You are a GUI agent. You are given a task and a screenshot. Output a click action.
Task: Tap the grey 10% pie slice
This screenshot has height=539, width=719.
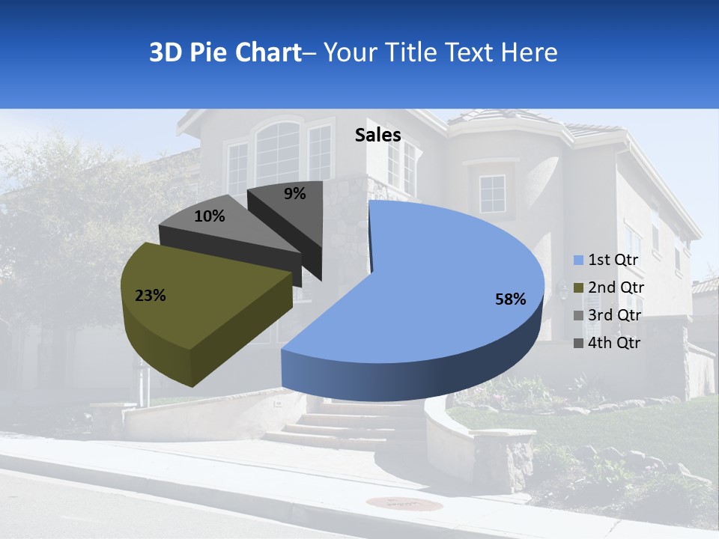tap(225, 228)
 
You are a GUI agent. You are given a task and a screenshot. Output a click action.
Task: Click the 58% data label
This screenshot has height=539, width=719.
tap(510, 299)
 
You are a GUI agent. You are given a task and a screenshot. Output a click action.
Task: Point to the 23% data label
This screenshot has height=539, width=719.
tap(150, 296)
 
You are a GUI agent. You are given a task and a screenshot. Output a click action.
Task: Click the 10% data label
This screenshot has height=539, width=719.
tap(209, 216)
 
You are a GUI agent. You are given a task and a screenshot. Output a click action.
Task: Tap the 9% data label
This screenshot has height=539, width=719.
tap(294, 194)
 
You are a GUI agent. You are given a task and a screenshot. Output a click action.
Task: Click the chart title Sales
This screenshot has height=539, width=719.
tap(377, 135)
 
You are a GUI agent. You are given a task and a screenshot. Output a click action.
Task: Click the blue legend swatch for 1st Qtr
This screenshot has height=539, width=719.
tap(578, 261)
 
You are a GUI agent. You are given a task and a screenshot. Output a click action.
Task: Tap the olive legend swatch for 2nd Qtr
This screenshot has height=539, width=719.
tap(578, 288)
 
